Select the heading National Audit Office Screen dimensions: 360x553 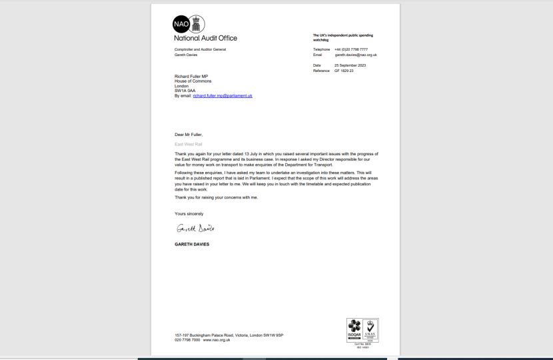click(205, 38)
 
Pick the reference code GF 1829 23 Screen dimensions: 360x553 click(344, 70)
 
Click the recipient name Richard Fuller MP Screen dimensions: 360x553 click(192, 76)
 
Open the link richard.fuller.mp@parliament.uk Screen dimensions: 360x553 click(222, 96)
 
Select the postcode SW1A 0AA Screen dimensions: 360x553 click(185, 91)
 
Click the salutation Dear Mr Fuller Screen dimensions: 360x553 click(189, 134)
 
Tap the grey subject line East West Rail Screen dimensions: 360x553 click(188, 144)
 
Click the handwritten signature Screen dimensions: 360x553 click(195, 229)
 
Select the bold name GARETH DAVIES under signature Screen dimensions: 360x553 click(192, 244)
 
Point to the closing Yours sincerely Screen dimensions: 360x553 click(189, 214)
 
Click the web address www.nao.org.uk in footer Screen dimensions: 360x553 click(217, 340)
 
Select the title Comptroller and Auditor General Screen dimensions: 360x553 click(200, 49)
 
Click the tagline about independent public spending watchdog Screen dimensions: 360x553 click(343, 37)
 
